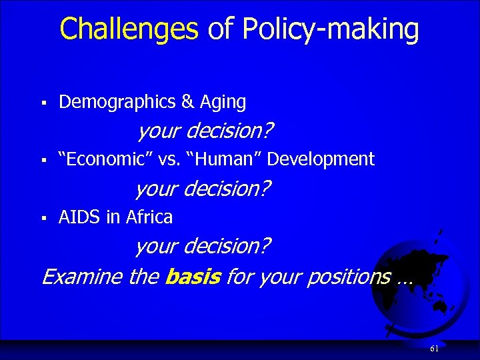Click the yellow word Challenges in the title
(129, 29)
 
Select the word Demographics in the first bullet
(117, 102)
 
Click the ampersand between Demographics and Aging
(187, 102)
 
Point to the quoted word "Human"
(224, 159)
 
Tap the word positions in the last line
(348, 276)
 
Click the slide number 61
(435, 349)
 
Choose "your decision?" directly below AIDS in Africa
(203, 247)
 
